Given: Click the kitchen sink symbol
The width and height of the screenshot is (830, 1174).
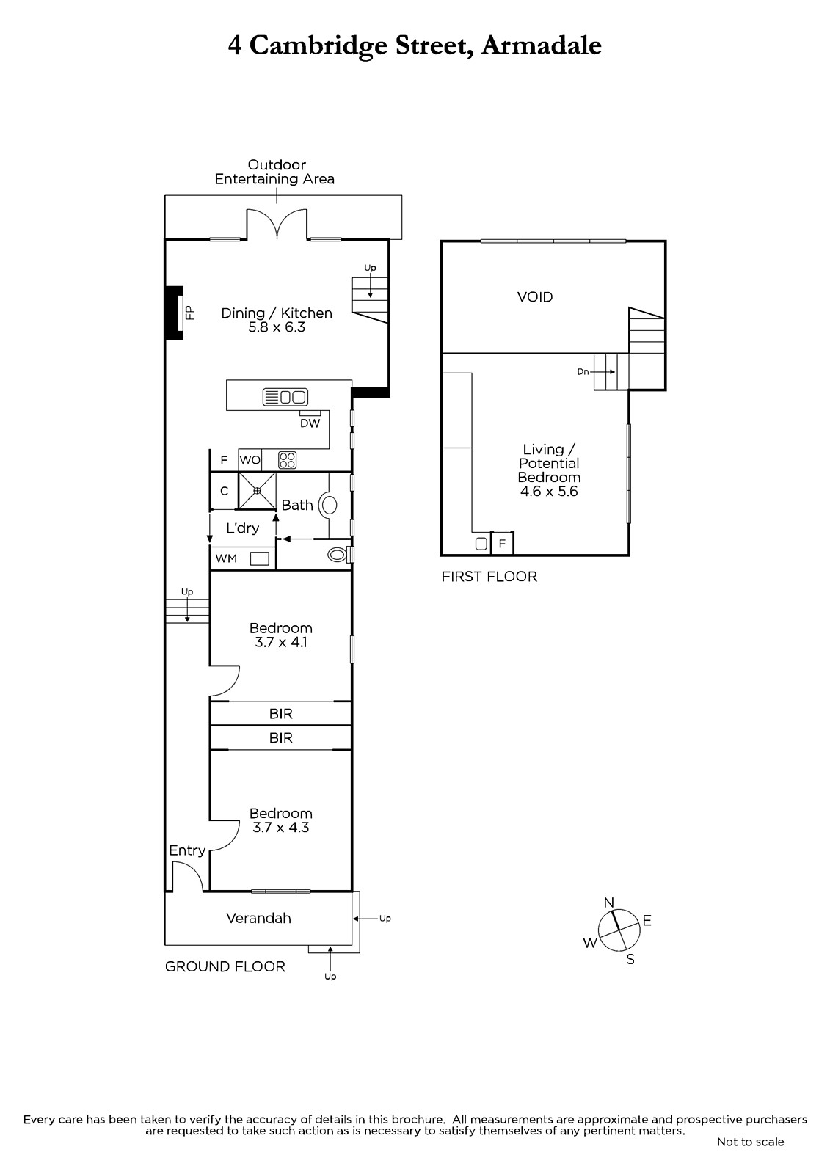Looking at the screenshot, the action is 285,397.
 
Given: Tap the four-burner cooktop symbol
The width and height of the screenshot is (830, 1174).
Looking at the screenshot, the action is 288,460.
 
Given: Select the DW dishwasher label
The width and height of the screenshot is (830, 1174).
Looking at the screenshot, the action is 310,423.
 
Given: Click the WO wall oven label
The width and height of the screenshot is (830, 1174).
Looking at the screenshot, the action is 250,460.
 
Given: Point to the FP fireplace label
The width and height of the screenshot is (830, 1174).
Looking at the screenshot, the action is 190,313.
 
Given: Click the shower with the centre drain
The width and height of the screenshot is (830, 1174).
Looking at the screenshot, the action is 257,491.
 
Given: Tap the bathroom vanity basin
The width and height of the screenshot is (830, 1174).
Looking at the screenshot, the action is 330,506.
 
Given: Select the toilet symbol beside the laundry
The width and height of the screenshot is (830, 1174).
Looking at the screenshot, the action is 338,554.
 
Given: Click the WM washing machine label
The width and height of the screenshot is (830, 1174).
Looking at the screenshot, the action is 226,558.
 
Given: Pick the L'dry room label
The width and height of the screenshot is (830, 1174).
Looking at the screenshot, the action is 243,528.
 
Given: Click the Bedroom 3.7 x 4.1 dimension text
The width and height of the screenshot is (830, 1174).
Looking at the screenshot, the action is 281,642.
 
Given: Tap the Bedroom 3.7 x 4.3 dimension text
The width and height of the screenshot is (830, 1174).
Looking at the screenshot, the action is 281,828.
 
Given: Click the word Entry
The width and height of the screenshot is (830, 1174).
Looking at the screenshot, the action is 187,850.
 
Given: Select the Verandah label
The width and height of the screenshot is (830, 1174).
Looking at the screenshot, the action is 258,918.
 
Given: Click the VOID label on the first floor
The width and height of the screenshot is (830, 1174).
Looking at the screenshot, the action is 535,297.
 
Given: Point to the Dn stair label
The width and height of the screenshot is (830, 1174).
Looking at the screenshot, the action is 583,371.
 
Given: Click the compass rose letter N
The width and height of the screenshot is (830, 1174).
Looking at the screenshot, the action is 608,903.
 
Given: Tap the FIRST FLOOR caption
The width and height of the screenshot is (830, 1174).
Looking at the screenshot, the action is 489,577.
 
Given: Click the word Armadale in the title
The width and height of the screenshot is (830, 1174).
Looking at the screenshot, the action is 541,45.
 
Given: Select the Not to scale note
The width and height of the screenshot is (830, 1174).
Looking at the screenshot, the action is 750,1142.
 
